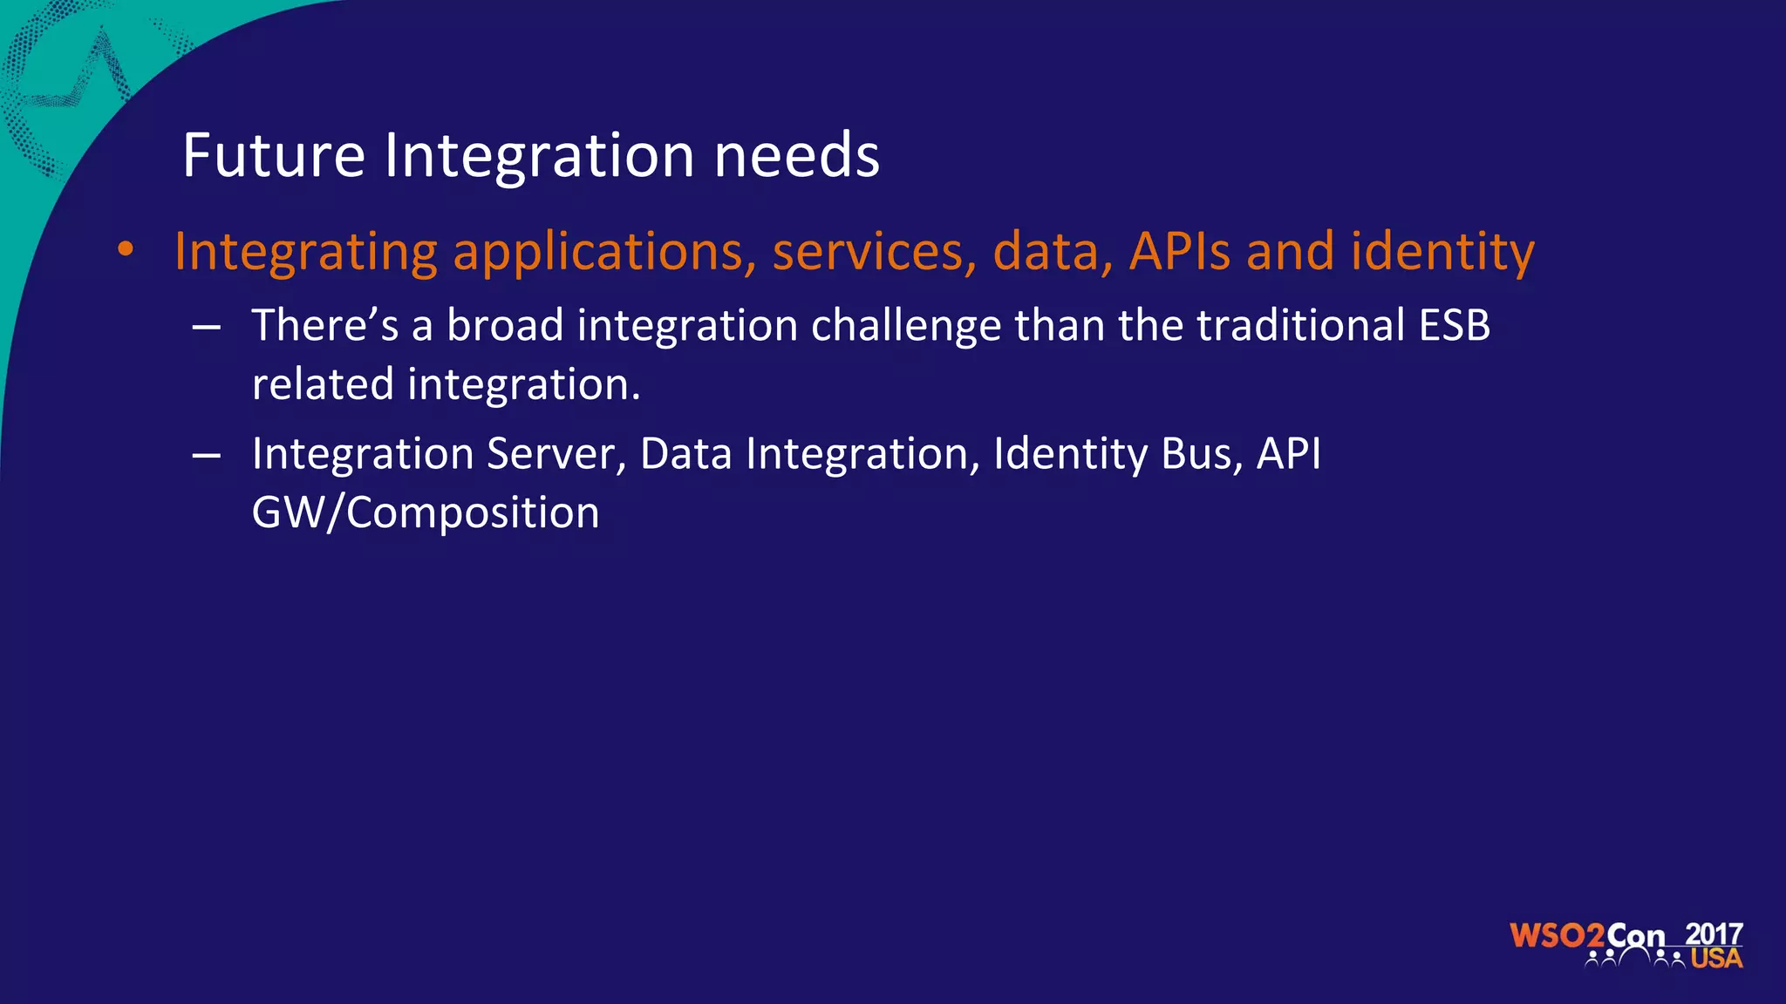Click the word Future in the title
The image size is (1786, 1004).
pyautogui.click(x=273, y=156)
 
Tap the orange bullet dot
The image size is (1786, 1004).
pyautogui.click(x=126, y=250)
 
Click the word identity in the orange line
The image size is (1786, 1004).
pyautogui.click(x=1442, y=252)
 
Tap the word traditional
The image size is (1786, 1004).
pyautogui.click(x=1299, y=326)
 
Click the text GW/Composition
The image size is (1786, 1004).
pyautogui.click(x=426, y=512)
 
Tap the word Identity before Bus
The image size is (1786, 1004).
pyautogui.click(x=1070, y=454)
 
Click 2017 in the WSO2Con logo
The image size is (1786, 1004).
pyautogui.click(x=1714, y=934)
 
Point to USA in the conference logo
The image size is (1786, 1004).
pyautogui.click(x=1716, y=959)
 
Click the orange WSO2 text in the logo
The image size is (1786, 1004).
pyautogui.click(x=1557, y=936)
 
